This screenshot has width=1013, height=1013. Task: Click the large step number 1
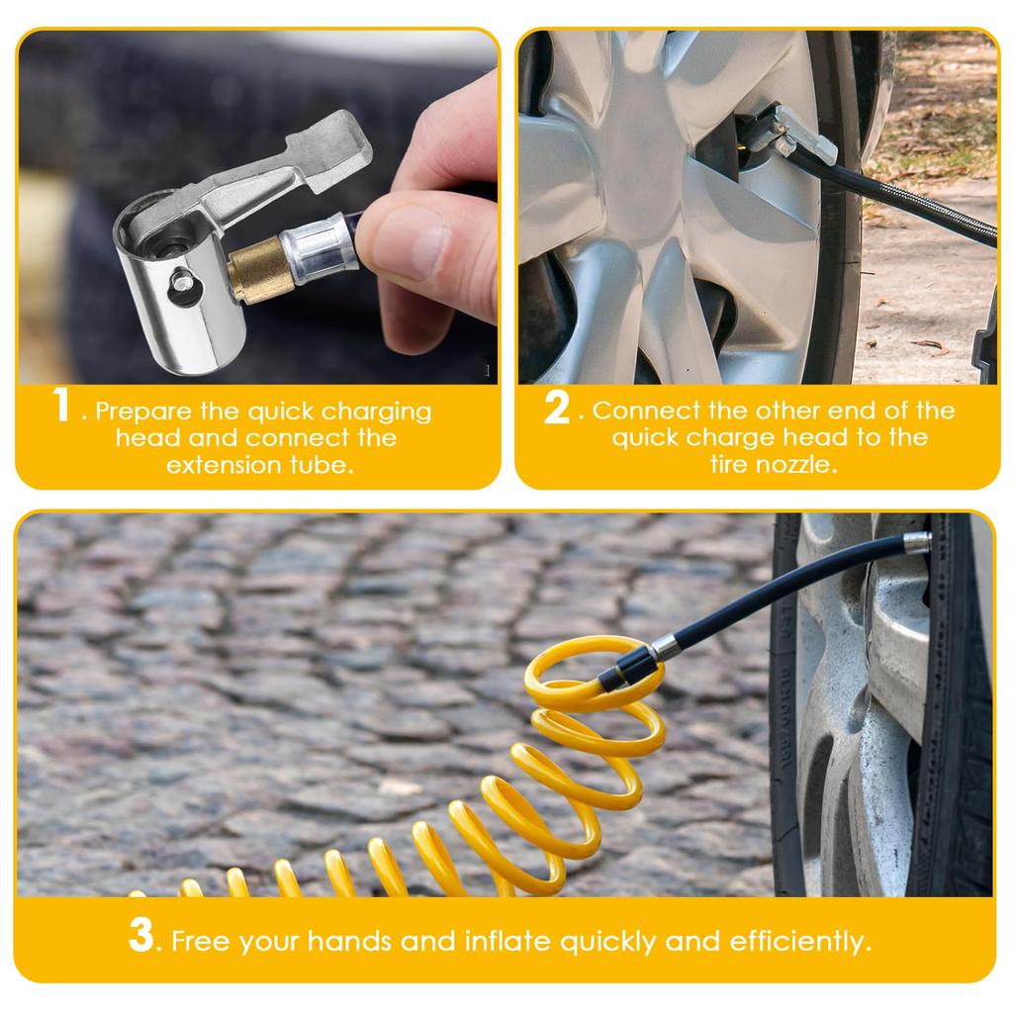click(62, 405)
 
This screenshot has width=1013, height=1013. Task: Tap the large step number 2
click(557, 408)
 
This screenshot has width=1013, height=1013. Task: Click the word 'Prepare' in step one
click(143, 413)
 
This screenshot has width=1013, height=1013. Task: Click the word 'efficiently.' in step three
click(800, 942)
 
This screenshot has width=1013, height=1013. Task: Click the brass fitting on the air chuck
click(257, 269)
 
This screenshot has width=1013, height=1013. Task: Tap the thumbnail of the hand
click(407, 241)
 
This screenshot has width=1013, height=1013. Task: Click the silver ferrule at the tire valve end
click(917, 542)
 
